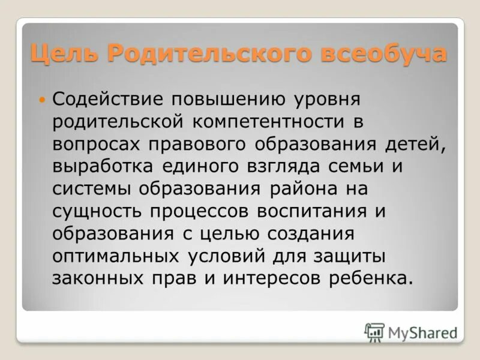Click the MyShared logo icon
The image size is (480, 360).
tap(374, 332)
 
